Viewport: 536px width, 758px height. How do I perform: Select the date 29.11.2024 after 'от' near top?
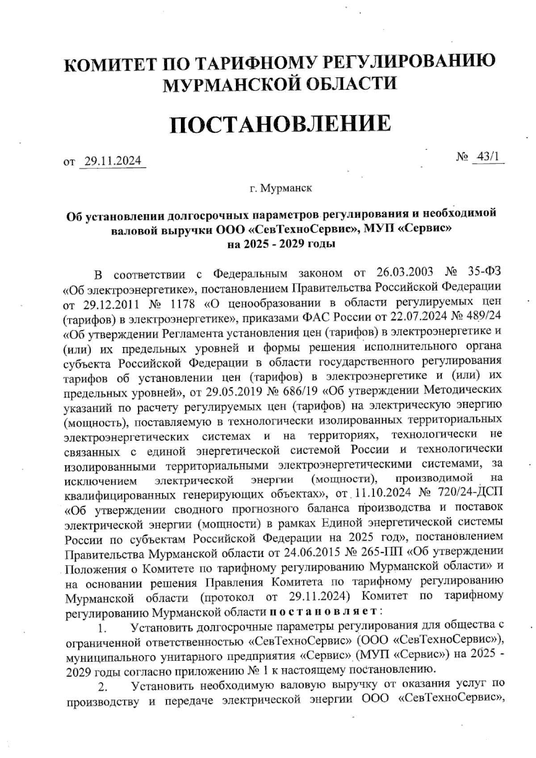coord(113,160)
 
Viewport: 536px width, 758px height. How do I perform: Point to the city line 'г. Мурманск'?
coord(281,188)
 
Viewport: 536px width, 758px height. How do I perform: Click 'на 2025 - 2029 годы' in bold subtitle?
coord(281,244)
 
